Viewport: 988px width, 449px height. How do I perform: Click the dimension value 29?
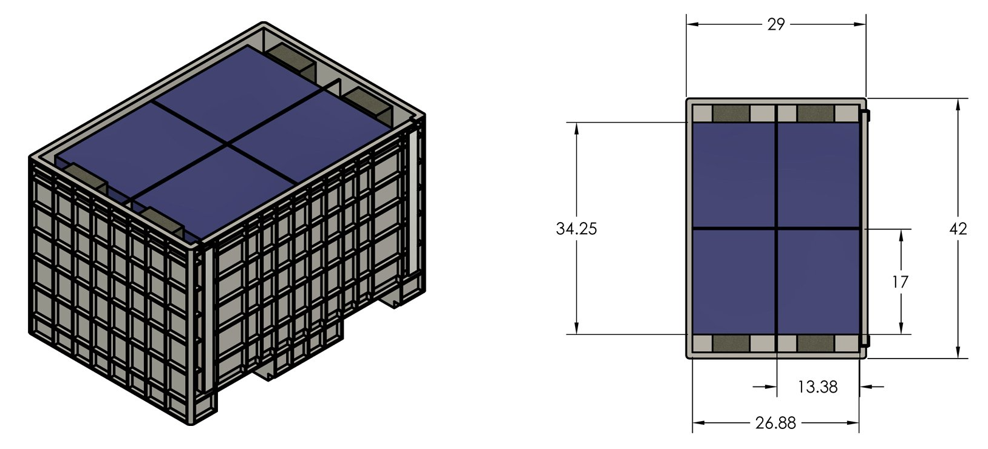click(775, 24)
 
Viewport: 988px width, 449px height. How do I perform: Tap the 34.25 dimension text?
click(576, 229)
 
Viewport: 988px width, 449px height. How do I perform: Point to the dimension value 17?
click(900, 282)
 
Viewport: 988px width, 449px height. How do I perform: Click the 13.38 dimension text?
click(817, 387)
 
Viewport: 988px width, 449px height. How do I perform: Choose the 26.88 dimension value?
click(775, 423)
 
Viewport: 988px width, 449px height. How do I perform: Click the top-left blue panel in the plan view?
click(734, 175)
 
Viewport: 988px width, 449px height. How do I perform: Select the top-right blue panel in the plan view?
click(819, 175)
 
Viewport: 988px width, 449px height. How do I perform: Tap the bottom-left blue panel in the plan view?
click(734, 281)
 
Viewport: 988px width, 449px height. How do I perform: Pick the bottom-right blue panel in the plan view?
click(819, 281)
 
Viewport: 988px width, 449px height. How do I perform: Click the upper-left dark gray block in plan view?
click(731, 113)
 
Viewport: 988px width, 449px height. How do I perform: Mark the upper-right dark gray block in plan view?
click(816, 113)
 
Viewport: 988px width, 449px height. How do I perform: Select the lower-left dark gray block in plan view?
click(731, 343)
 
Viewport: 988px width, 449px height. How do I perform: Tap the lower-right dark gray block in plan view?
click(816, 343)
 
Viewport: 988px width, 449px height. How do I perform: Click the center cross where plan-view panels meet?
click(777, 228)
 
